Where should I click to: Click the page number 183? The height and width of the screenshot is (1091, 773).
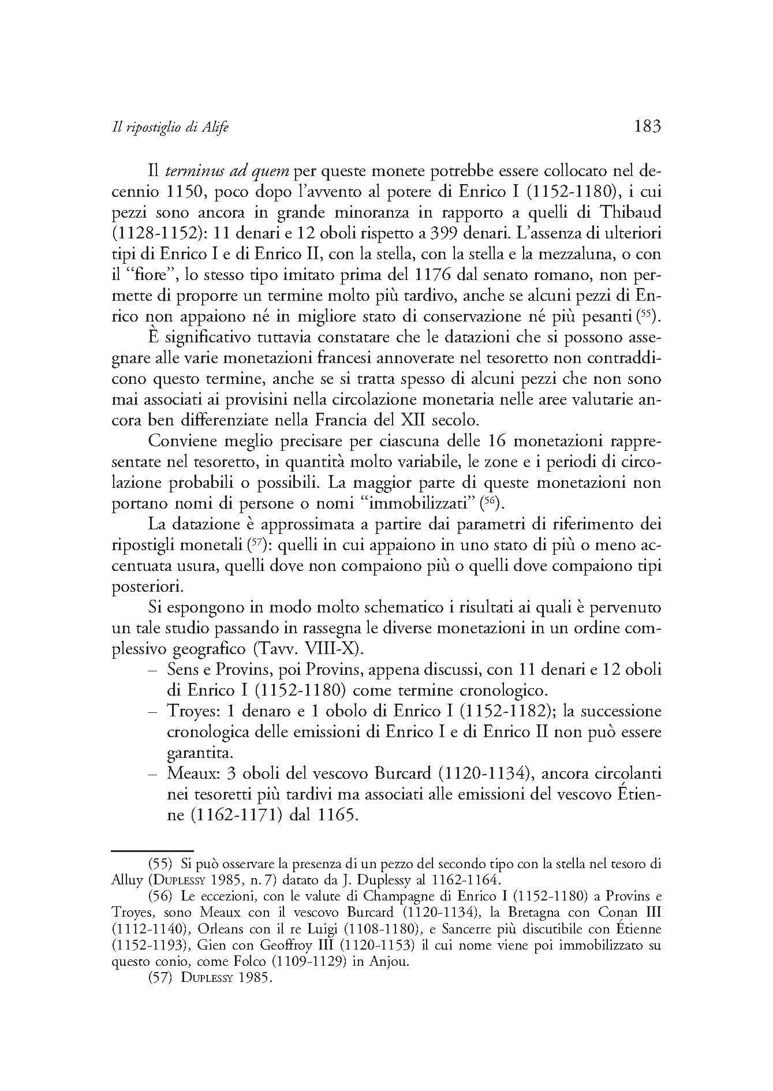coord(647,126)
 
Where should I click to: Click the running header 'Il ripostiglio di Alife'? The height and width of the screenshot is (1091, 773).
coord(170,128)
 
